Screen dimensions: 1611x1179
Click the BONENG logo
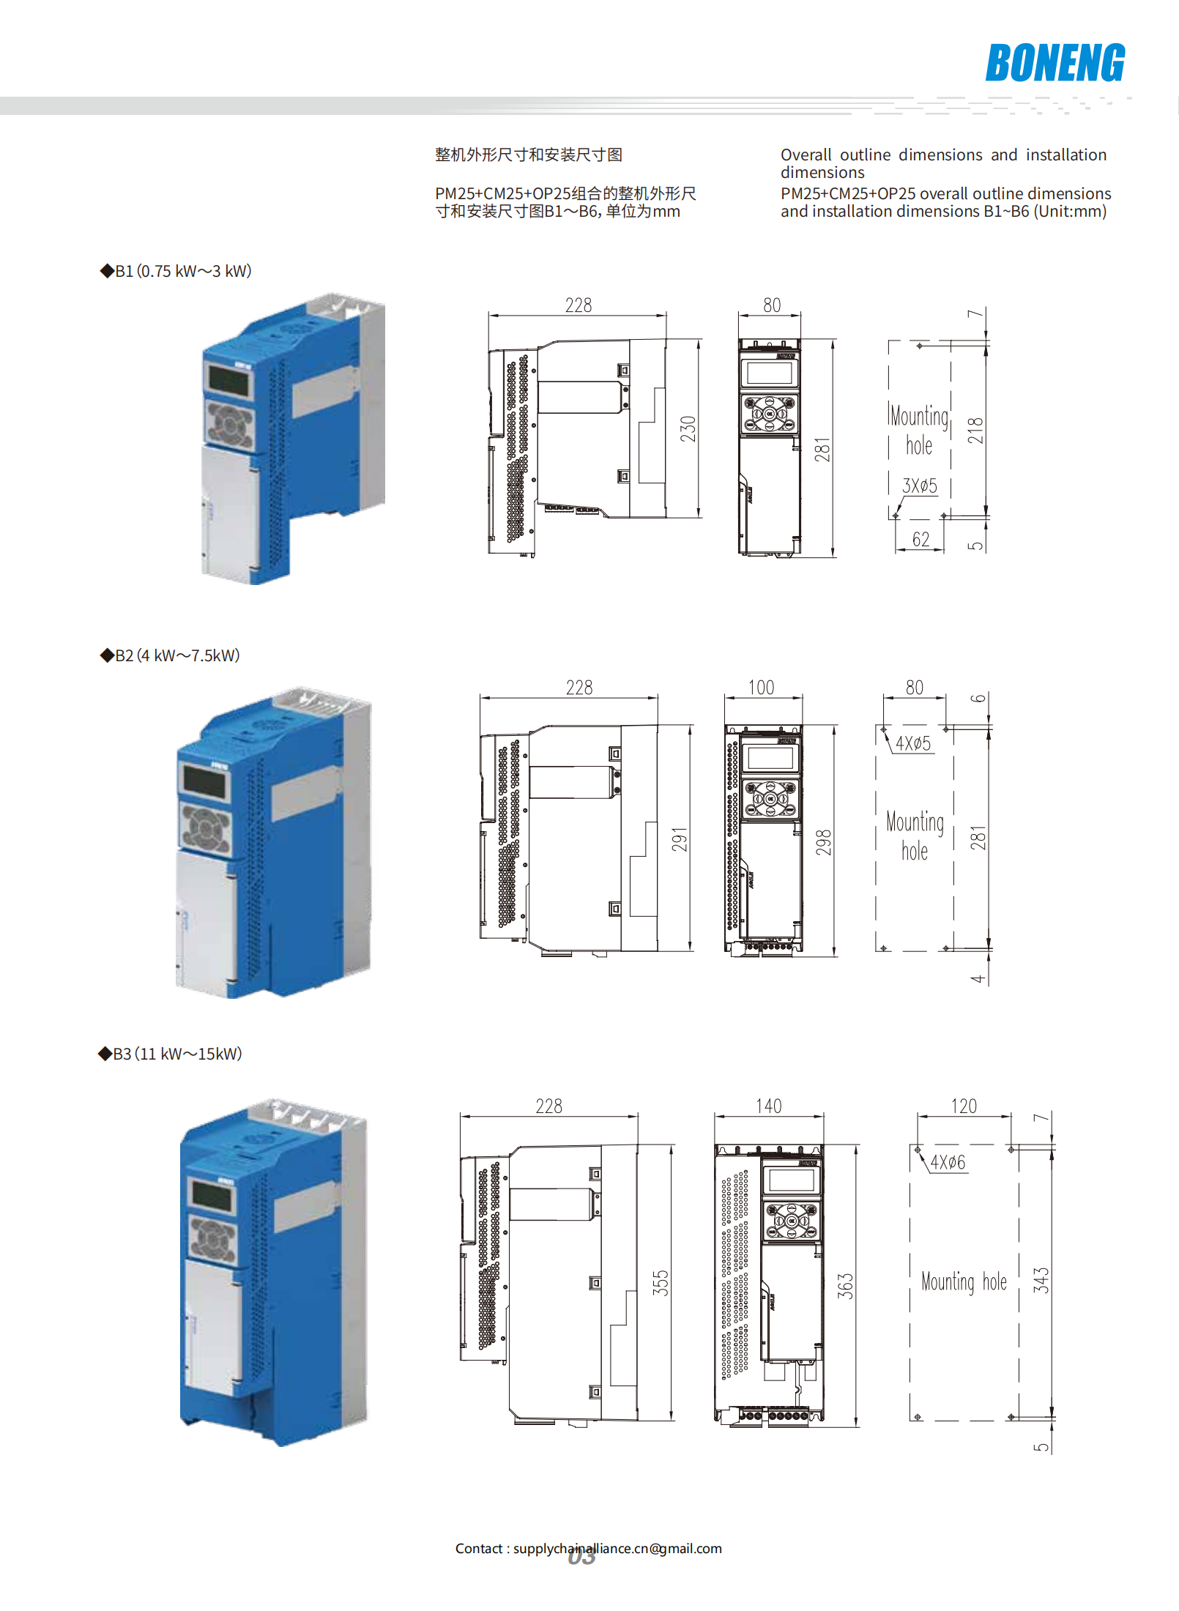point(1055,63)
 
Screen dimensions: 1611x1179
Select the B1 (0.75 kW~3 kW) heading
point(176,271)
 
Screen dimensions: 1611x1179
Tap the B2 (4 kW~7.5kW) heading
point(170,655)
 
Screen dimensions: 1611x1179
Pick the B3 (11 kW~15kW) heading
point(170,1054)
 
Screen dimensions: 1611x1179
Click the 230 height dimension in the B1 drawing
point(688,429)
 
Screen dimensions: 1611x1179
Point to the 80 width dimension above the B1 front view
point(772,305)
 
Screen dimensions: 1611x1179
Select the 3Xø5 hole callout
point(919,485)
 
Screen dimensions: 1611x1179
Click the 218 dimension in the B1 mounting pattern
point(975,431)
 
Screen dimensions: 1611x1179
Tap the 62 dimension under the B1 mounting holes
point(920,540)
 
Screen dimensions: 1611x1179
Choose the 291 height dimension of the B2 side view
point(680,839)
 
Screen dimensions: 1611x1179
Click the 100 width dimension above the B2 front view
point(761,688)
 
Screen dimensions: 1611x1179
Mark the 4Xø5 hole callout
point(912,744)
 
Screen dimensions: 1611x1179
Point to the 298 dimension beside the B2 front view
point(824,842)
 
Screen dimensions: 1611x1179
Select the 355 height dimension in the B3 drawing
point(661,1283)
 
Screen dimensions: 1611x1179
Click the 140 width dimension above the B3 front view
point(769,1106)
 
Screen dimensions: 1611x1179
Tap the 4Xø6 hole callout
point(948,1163)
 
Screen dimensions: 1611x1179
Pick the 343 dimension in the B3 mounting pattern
point(1041,1280)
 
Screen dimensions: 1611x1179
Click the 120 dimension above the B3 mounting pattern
point(964,1106)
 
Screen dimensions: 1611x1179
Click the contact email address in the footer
point(617,1548)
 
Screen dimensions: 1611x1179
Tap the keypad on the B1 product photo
point(229,424)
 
